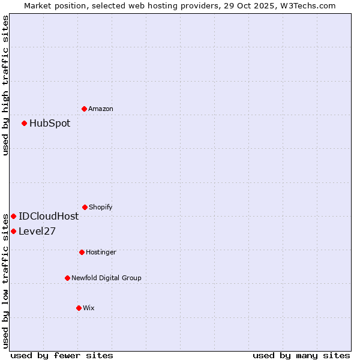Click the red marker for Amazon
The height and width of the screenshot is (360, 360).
[x=84, y=109]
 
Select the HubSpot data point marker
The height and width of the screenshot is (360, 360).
[x=24, y=123]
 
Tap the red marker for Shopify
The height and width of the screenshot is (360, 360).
[x=85, y=207]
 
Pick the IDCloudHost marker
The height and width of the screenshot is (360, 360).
[x=13, y=216]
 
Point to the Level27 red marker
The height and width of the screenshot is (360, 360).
[x=13, y=231]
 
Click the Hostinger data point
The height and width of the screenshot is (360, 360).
[x=82, y=252]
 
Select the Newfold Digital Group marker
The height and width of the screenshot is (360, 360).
[x=67, y=278]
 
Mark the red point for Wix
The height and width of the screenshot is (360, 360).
[x=79, y=308]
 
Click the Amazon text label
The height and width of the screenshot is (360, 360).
[x=101, y=109]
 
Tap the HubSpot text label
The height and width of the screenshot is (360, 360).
[x=50, y=123]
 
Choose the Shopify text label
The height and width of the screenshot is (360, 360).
[x=101, y=207]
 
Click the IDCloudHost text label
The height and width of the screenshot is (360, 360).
[x=49, y=216]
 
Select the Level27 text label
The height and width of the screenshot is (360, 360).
[x=37, y=231]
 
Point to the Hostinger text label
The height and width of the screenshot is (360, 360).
[x=101, y=252]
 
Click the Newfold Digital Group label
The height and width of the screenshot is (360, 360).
[x=106, y=278]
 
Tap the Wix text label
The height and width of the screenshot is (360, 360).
[x=89, y=308]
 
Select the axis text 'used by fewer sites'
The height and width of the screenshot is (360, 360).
[x=62, y=355]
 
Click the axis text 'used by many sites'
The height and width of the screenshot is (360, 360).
[x=301, y=355]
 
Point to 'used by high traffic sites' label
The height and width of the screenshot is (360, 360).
[x=5, y=85]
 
